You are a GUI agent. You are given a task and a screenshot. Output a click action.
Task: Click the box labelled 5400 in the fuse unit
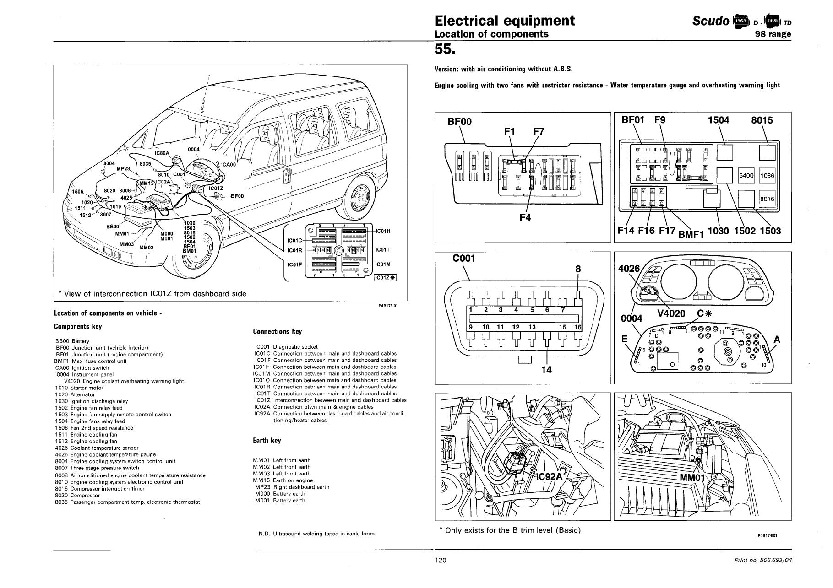746,176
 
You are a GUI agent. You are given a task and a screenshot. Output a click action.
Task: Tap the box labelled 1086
767,176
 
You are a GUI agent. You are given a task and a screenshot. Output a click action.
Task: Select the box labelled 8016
767,199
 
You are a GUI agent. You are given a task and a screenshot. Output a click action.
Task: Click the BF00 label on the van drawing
237,196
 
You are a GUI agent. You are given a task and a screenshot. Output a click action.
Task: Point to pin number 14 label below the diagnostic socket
546,370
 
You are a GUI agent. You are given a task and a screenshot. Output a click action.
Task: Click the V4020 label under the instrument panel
671,313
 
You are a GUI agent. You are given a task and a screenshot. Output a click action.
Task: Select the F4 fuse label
525,218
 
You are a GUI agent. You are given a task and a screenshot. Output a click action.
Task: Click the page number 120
441,560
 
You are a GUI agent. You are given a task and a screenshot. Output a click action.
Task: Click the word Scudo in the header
711,21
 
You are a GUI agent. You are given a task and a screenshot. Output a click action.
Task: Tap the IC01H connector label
382,231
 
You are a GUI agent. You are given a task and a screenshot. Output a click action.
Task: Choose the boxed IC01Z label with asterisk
385,278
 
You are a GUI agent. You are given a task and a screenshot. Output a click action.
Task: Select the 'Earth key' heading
267,441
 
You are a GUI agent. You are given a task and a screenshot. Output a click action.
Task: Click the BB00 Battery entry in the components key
72,341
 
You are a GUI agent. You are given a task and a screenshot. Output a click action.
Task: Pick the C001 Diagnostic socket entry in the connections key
287,347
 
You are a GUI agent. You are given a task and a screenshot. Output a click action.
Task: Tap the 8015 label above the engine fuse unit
762,120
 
